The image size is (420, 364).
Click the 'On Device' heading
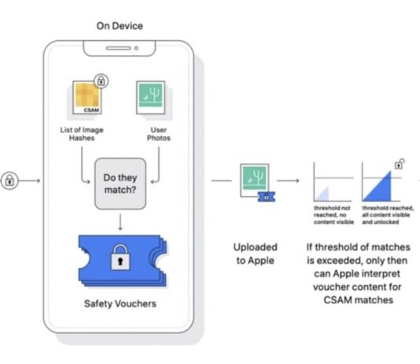(120, 26)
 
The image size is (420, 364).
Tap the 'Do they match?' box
(120, 184)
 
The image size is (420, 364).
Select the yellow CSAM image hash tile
(87, 98)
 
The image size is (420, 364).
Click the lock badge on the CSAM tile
(101, 80)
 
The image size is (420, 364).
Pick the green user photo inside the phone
(150, 98)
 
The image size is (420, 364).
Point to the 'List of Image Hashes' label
(82, 134)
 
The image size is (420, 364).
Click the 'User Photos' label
(159, 134)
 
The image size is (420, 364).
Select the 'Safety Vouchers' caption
(120, 303)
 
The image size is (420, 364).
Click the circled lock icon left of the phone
(9, 180)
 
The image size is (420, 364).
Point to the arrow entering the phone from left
(29, 180)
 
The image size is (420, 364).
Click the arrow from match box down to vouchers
(120, 222)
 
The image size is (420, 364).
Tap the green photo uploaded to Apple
(255, 180)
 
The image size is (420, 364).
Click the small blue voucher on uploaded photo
(267, 197)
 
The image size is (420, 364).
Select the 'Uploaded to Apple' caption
(256, 254)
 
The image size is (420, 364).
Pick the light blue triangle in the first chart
(322, 193)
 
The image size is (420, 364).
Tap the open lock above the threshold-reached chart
(400, 164)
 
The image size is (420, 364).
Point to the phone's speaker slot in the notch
(119, 48)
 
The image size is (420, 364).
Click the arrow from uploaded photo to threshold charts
(288, 180)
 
